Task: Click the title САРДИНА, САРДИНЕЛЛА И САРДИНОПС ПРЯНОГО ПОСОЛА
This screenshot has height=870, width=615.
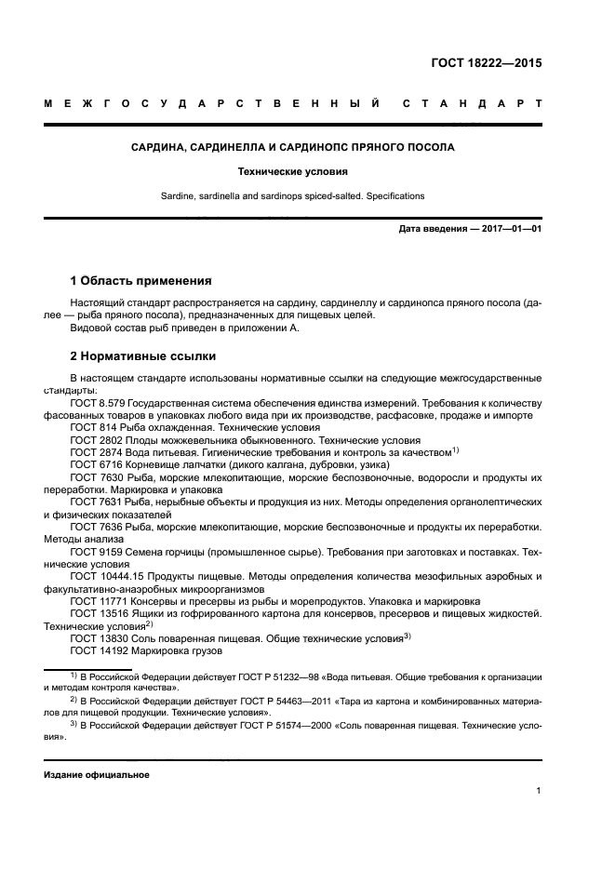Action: pyautogui.click(x=291, y=147)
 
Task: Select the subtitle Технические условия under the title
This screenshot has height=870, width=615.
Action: pyautogui.click(x=291, y=172)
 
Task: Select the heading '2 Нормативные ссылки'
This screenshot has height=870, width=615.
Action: pyautogui.click(x=143, y=355)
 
